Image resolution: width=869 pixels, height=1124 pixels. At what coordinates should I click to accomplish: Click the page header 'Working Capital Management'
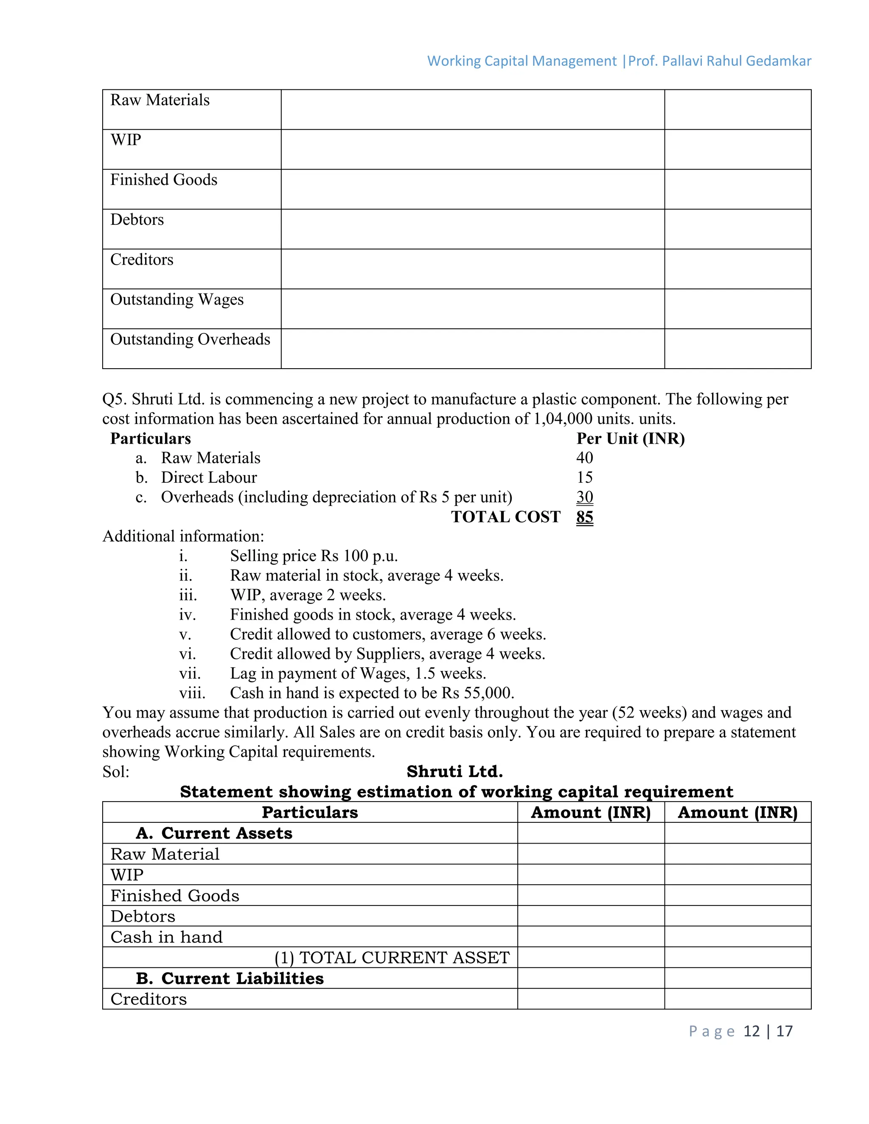(x=521, y=61)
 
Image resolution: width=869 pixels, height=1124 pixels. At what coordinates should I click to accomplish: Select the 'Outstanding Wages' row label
(x=177, y=299)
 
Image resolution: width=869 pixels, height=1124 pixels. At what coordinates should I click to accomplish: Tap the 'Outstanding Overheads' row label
(x=190, y=340)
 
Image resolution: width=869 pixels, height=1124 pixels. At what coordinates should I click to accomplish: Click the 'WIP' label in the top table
(x=126, y=140)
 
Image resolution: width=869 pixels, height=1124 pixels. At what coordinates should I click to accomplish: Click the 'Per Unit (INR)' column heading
(x=630, y=439)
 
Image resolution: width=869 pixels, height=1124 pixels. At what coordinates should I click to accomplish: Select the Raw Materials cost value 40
(x=584, y=458)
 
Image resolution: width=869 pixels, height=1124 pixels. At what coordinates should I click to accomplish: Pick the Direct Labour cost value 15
(x=584, y=478)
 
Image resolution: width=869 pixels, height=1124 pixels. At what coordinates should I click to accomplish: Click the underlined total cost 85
(x=584, y=517)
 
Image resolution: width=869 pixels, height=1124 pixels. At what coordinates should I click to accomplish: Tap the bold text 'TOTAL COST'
(x=505, y=517)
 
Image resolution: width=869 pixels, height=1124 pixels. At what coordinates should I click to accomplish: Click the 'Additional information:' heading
(x=183, y=536)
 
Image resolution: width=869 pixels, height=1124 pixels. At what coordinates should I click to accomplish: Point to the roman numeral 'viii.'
(x=192, y=693)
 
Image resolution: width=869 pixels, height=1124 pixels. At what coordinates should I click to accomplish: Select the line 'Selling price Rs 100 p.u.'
(x=314, y=556)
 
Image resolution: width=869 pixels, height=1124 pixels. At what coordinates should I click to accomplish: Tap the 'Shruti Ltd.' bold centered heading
(x=454, y=772)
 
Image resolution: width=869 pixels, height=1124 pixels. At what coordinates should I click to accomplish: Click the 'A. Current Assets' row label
(x=214, y=833)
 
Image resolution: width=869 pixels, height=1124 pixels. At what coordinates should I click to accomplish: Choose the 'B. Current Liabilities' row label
(x=230, y=979)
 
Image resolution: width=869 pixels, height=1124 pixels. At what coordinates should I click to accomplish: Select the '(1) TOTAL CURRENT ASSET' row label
(x=392, y=958)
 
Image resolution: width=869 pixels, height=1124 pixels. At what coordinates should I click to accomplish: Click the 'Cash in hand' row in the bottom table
(x=166, y=937)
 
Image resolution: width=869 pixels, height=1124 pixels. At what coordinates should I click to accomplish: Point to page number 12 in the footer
(x=751, y=1031)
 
